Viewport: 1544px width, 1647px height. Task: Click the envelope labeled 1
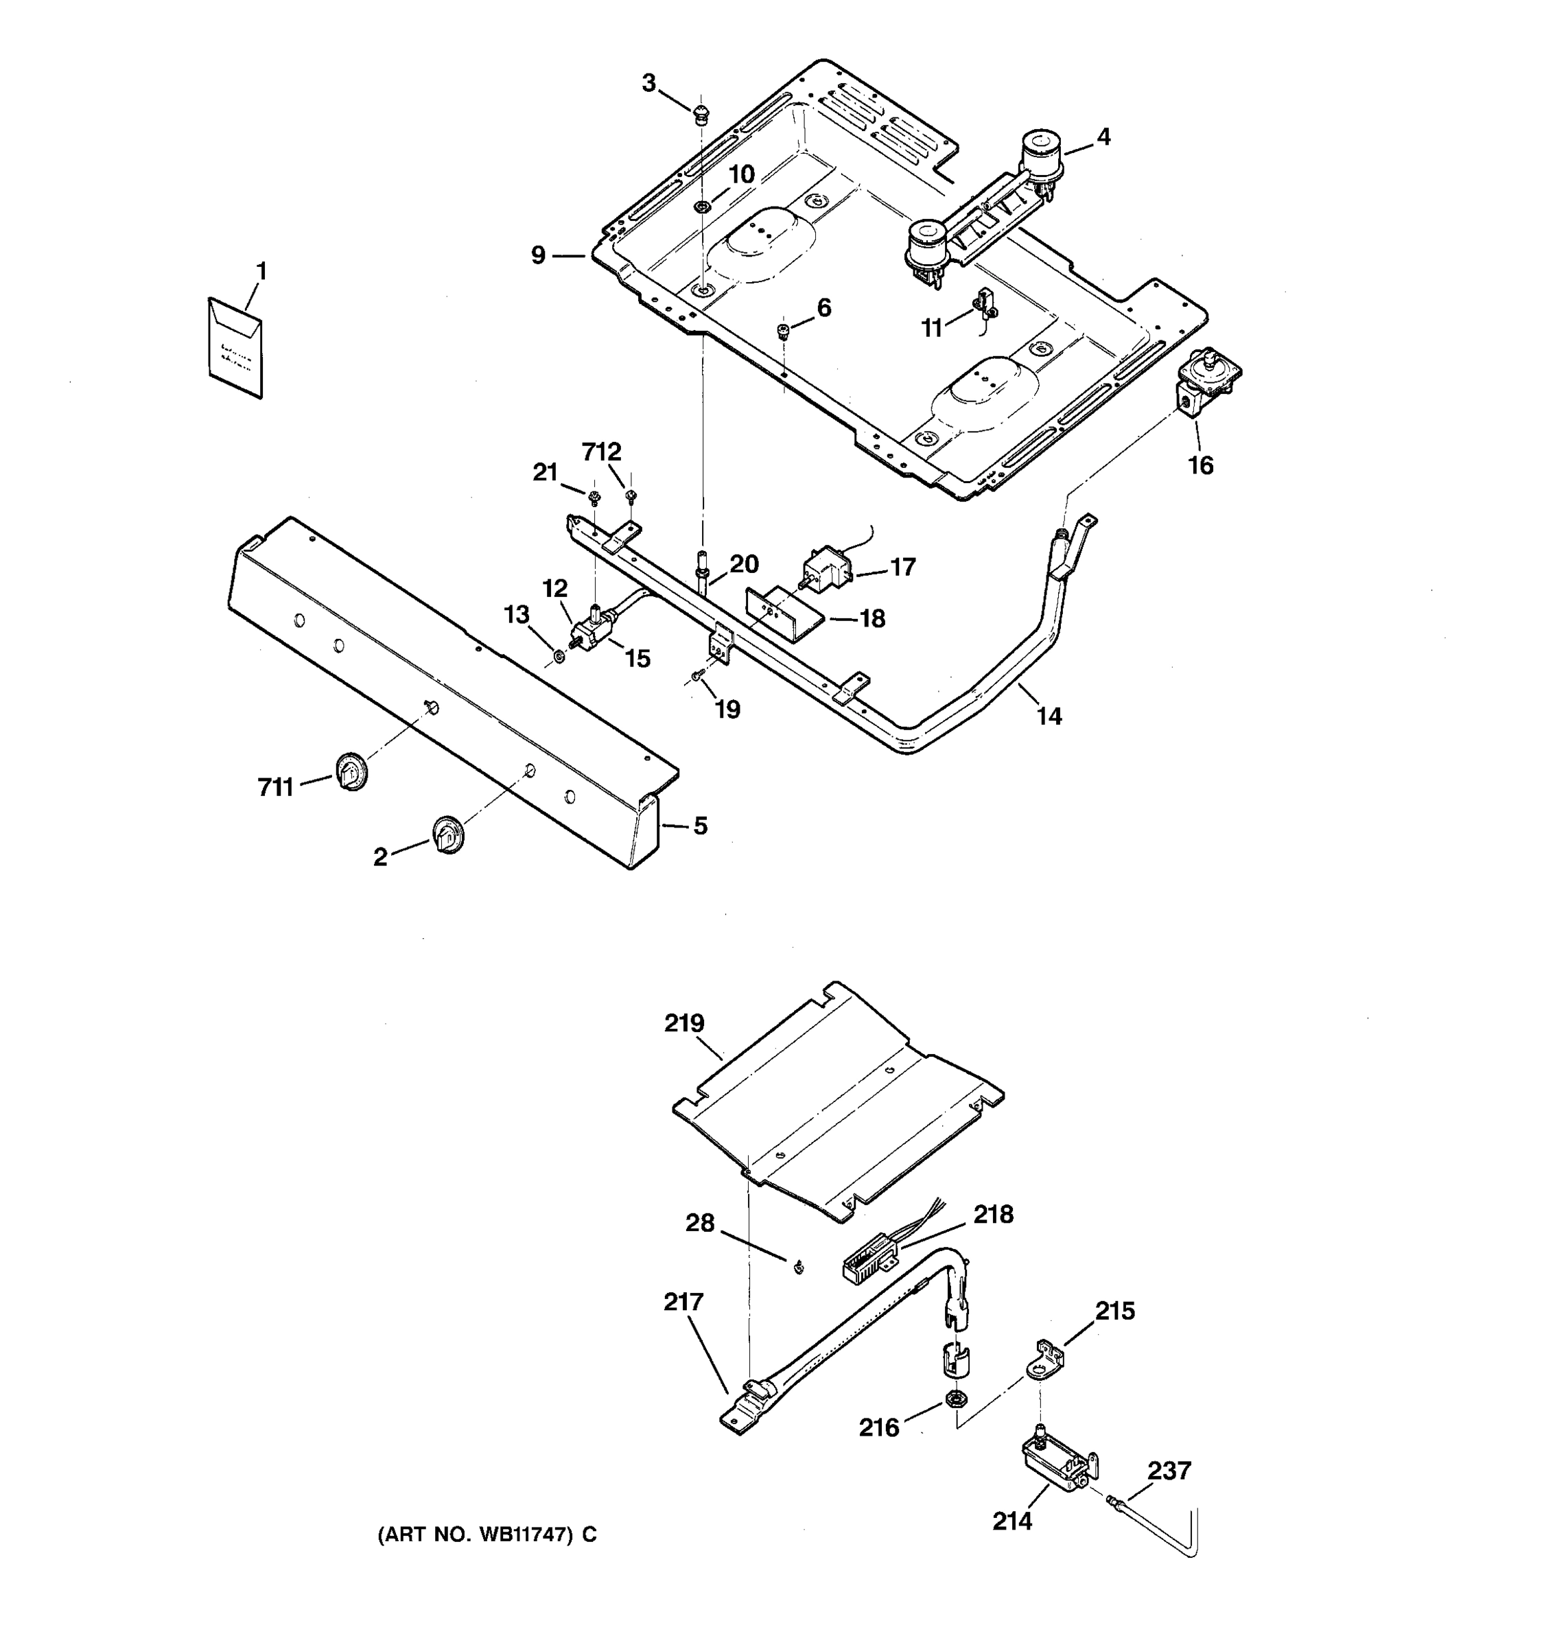tap(235, 347)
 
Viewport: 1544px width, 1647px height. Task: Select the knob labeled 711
tap(351, 772)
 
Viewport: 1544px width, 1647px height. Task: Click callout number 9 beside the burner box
tap(539, 256)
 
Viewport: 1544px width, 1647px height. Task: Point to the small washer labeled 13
tap(559, 656)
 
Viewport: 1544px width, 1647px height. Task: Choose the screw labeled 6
tap(782, 332)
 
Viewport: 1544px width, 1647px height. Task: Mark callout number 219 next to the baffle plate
tap(684, 1024)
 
